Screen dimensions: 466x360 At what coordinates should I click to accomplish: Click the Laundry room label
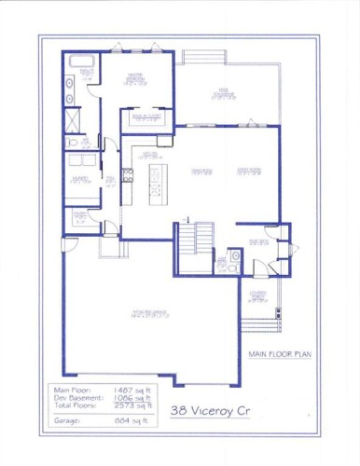[x=77, y=180]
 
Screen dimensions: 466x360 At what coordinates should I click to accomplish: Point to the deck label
[x=225, y=92]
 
